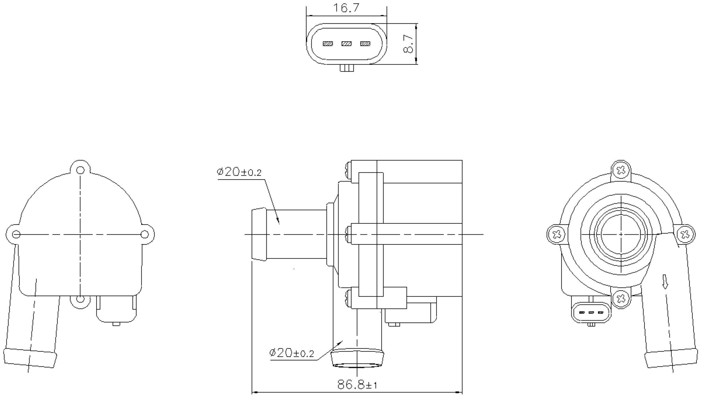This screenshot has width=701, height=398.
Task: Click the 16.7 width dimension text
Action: click(x=346, y=8)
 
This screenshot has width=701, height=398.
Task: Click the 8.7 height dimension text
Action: click(x=408, y=44)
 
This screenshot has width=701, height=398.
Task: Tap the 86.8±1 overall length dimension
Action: click(x=357, y=385)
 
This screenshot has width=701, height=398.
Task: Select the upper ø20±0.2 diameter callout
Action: click(x=239, y=172)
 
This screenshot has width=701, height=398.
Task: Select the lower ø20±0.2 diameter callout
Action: click(x=291, y=353)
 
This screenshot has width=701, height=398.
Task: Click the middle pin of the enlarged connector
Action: click(x=346, y=44)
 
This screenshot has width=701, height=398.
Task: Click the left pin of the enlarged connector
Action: click(x=328, y=44)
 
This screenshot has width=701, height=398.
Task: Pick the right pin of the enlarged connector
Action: click(x=365, y=44)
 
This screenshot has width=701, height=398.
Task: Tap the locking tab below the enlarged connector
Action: click(x=347, y=68)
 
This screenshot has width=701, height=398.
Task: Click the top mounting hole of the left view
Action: click(x=80, y=170)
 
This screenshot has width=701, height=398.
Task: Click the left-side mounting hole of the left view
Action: click(x=16, y=234)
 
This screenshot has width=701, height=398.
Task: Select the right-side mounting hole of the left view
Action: click(x=145, y=234)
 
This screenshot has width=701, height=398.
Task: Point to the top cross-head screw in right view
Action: click(x=621, y=170)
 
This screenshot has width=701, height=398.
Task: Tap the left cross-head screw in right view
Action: click(x=557, y=234)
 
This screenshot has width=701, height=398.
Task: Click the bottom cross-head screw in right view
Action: click(x=621, y=298)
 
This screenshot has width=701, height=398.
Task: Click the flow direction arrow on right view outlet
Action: click(x=665, y=281)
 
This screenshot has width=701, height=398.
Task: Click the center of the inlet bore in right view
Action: click(x=621, y=234)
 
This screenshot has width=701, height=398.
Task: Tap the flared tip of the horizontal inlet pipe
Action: click(x=259, y=234)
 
